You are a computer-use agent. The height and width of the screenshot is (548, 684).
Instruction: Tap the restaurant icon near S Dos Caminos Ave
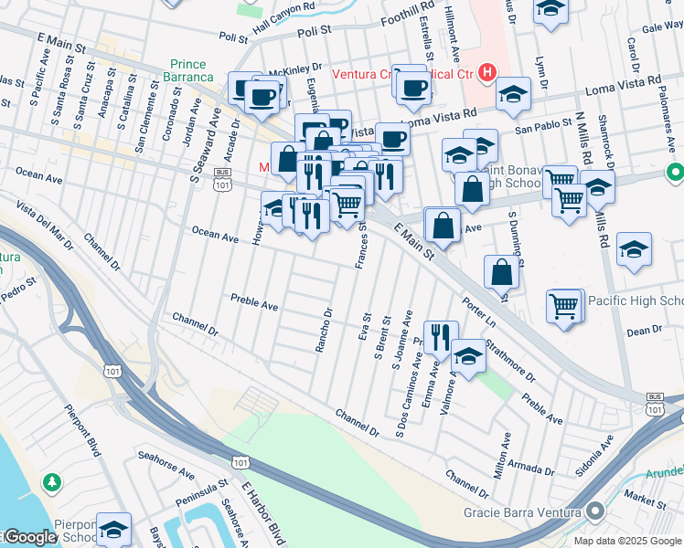click(440, 336)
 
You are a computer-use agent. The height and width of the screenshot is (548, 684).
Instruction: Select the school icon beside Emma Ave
click(468, 357)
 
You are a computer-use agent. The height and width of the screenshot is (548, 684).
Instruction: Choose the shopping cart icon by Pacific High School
click(564, 306)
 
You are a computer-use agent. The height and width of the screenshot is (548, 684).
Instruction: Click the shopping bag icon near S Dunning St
click(503, 271)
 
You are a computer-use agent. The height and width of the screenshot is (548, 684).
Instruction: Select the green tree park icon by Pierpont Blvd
click(53, 480)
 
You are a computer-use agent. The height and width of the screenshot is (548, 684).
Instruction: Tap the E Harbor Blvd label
click(266, 511)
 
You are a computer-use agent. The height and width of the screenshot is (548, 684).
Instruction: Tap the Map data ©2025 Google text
click(626, 540)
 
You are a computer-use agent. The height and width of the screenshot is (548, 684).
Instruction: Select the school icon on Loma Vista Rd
click(513, 94)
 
